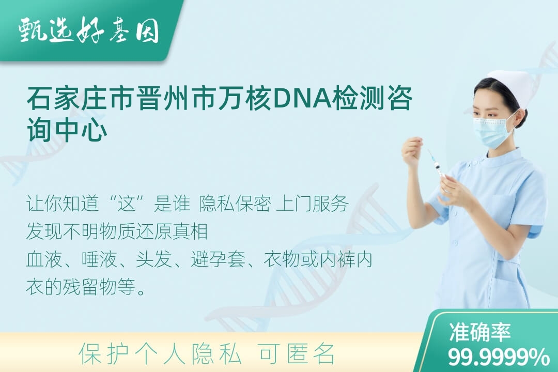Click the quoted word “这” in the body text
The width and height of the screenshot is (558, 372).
(x=127, y=204)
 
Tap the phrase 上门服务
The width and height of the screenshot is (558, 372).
(x=312, y=204)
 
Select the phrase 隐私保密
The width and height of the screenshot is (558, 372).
(x=235, y=204)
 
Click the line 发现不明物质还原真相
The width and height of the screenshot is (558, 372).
(x=117, y=231)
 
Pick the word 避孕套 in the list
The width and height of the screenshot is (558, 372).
(x=218, y=259)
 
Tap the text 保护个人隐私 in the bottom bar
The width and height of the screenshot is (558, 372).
(x=160, y=354)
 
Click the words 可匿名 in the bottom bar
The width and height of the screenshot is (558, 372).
(x=297, y=354)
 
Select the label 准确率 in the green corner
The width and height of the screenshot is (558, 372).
(x=480, y=332)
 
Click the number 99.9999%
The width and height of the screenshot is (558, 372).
(x=498, y=357)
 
